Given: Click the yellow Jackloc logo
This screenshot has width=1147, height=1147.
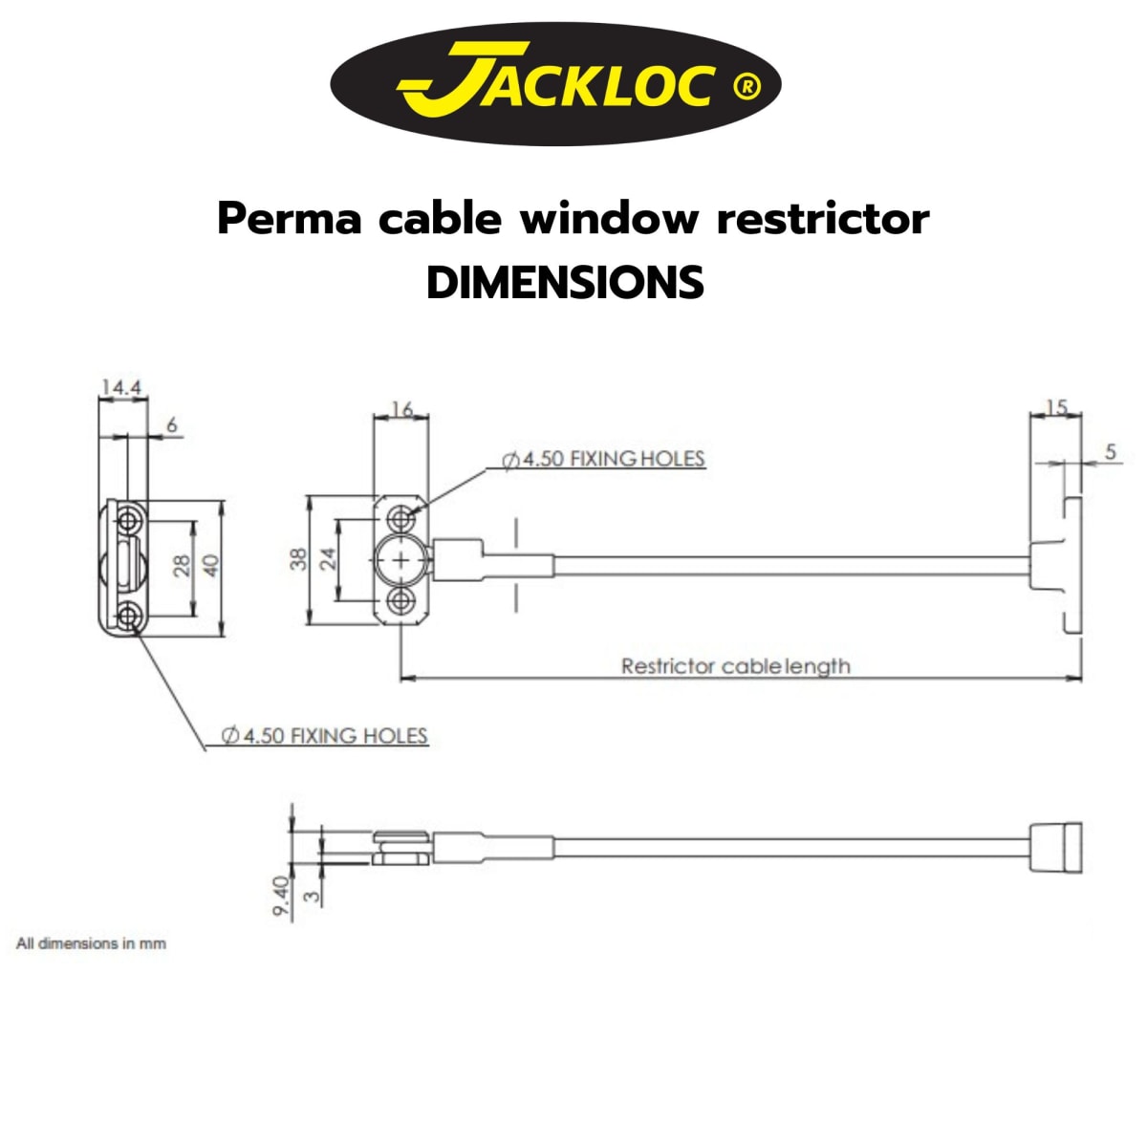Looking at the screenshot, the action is (555, 84).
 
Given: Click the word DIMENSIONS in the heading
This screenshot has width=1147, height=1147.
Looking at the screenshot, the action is (566, 282).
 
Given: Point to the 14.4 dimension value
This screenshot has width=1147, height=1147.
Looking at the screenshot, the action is (121, 387).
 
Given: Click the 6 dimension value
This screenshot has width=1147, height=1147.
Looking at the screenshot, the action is (172, 425).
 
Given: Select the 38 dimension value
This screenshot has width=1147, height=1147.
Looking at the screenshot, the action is (299, 559).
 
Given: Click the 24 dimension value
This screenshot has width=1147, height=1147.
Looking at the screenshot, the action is (328, 559).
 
